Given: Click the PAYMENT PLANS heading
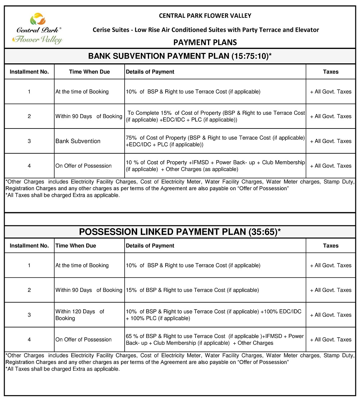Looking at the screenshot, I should (x=205, y=42).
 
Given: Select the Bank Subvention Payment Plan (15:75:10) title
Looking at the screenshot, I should (x=180, y=56).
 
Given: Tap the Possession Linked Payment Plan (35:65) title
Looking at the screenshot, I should (x=180, y=232).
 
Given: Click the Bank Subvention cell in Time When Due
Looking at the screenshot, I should (x=78, y=141).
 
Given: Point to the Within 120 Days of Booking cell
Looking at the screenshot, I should (x=80, y=315).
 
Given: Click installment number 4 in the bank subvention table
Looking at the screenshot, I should (x=29, y=166).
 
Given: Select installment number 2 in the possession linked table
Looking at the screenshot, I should (x=29, y=290).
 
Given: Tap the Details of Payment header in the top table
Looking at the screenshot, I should (x=150, y=72).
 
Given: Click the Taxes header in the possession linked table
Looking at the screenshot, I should (x=330, y=245).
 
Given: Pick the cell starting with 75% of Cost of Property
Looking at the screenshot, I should (x=215, y=141).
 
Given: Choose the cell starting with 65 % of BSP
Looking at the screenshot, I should (x=215, y=339).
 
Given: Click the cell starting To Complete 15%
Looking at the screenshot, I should (x=215, y=116).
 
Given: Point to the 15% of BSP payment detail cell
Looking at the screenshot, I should (x=192, y=290).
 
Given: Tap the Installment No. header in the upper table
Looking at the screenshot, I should (x=29, y=72).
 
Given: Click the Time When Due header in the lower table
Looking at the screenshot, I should (x=76, y=245).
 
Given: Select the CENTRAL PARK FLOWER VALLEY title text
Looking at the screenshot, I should (x=205, y=15).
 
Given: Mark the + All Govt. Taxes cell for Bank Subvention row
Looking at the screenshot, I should (x=330, y=141).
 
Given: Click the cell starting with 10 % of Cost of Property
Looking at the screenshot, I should (x=215, y=166).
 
